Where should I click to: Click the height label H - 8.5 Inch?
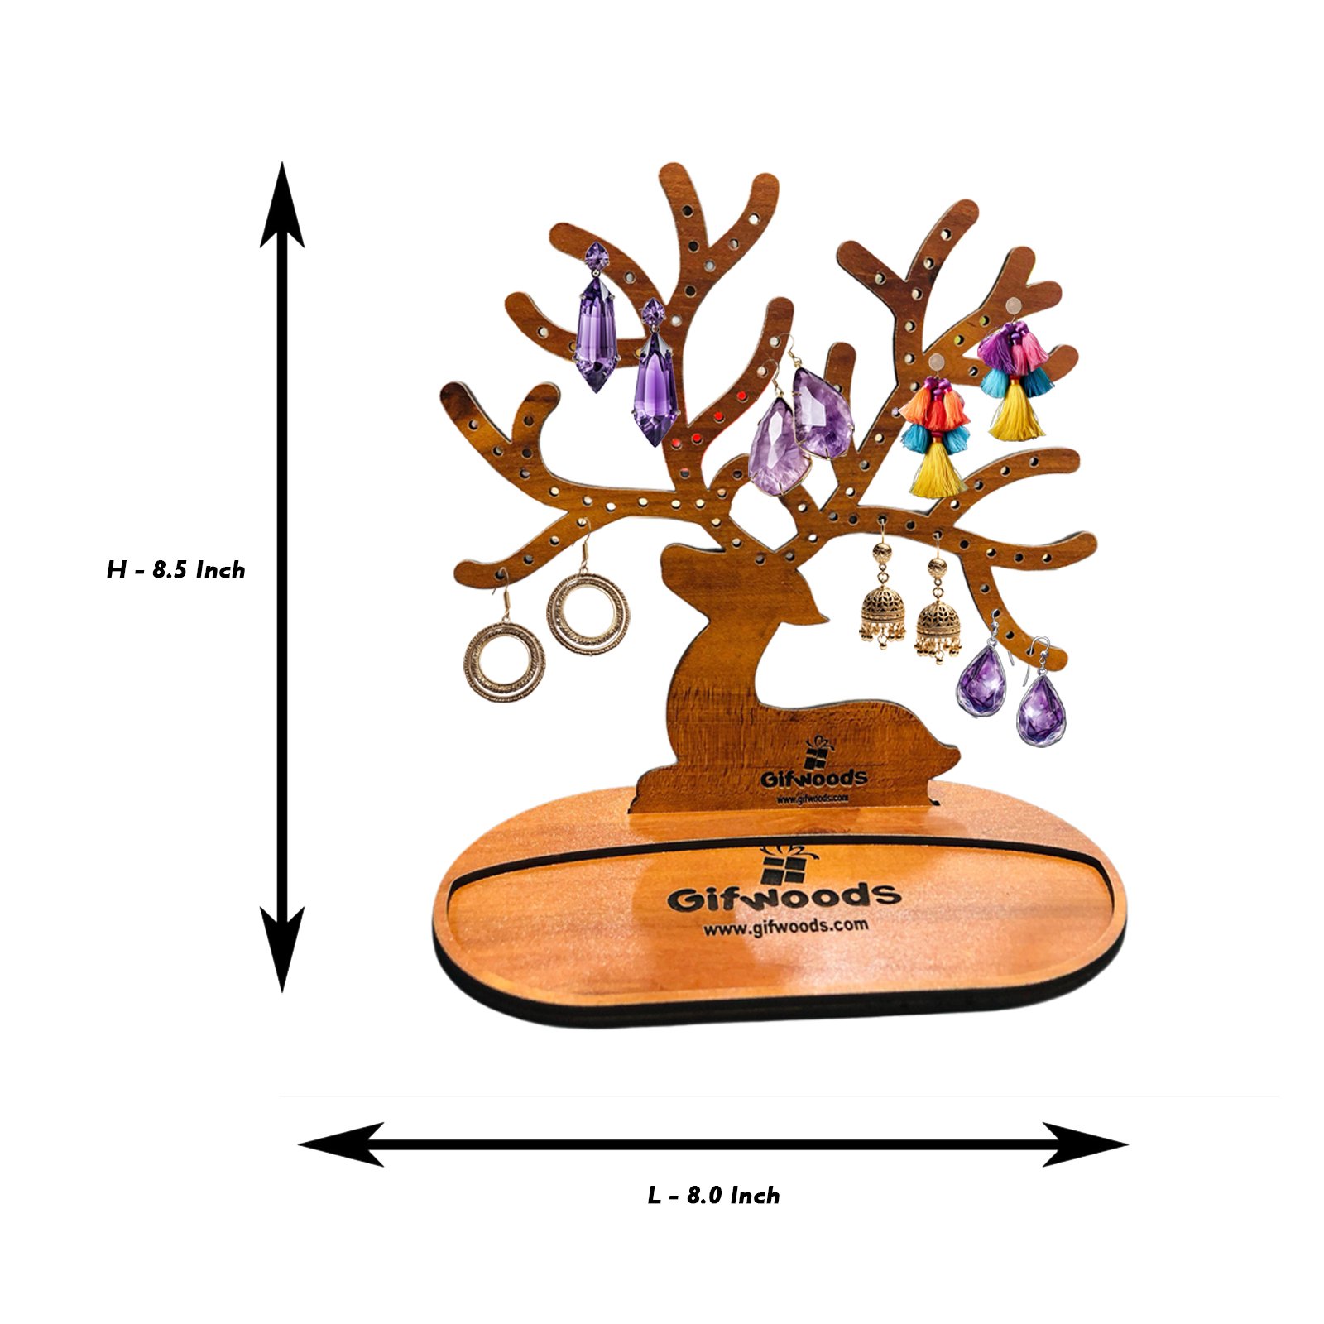[x=175, y=570]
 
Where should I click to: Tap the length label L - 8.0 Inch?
[x=713, y=1195]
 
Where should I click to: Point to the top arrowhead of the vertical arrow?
[x=282, y=204]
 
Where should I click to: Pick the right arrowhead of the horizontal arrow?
[x=1085, y=1144]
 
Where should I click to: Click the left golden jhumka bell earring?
[x=882, y=595]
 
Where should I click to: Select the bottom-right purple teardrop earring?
[x=1041, y=697]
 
